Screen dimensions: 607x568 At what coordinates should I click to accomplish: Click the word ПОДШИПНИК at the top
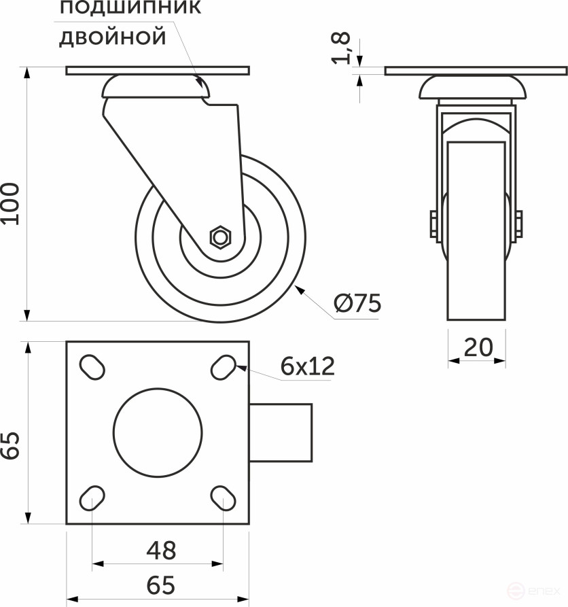click(130, 9)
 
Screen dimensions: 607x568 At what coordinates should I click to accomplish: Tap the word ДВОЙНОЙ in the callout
click(113, 36)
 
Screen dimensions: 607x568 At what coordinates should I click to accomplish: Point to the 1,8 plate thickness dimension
click(344, 48)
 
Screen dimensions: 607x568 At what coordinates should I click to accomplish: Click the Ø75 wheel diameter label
click(357, 304)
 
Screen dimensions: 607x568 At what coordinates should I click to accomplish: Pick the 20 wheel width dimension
click(478, 347)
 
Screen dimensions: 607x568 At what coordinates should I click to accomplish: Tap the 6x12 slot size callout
click(308, 367)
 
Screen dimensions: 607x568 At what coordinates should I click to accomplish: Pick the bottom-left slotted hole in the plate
click(92, 499)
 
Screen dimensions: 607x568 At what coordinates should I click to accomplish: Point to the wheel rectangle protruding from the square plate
click(281, 433)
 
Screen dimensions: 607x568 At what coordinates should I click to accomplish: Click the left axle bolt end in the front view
click(433, 225)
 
